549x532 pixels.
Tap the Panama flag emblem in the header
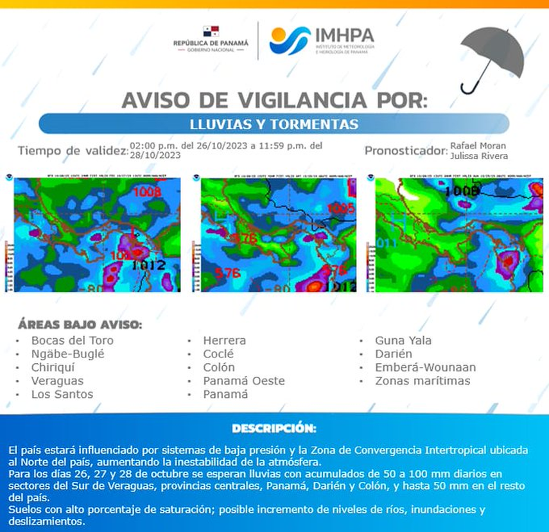(211, 31)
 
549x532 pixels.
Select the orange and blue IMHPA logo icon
(290, 40)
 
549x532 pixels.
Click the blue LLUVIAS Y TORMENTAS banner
(274, 123)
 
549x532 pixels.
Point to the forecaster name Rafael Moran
(478, 146)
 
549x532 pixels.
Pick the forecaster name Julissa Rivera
(478, 155)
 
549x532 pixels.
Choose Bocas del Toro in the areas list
(72, 340)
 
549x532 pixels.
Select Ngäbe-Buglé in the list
(67, 354)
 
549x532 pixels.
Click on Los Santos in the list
(62, 394)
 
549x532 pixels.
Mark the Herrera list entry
(224, 340)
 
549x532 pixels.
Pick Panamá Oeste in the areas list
(243, 381)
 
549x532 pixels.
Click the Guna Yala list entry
(403, 340)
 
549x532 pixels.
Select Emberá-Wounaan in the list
(425, 367)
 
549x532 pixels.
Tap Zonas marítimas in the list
(423, 381)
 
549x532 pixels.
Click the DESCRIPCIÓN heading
(274, 428)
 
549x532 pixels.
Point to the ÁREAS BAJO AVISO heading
(80, 323)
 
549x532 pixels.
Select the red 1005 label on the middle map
(340, 209)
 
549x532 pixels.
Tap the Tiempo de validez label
(72, 151)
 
